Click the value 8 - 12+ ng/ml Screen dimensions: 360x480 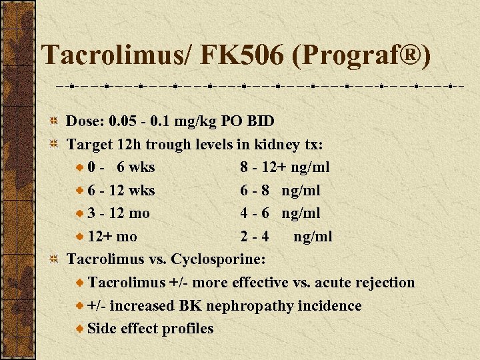[x=285, y=167]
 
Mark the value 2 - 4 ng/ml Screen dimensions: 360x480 [x=286, y=237]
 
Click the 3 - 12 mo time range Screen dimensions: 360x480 [x=118, y=213]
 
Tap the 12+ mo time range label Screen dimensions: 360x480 [x=112, y=237]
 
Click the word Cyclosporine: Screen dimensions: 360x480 [x=219, y=259]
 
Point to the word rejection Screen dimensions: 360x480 [x=383, y=283]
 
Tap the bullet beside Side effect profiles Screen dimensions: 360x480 [x=80, y=329]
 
